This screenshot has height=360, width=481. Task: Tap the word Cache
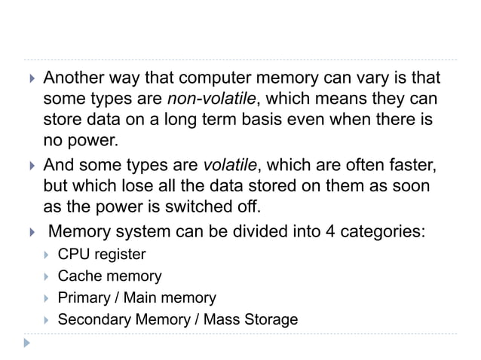(x=79, y=276)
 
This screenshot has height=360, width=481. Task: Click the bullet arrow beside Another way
(x=29, y=80)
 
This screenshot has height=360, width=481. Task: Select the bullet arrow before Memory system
(x=29, y=230)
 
